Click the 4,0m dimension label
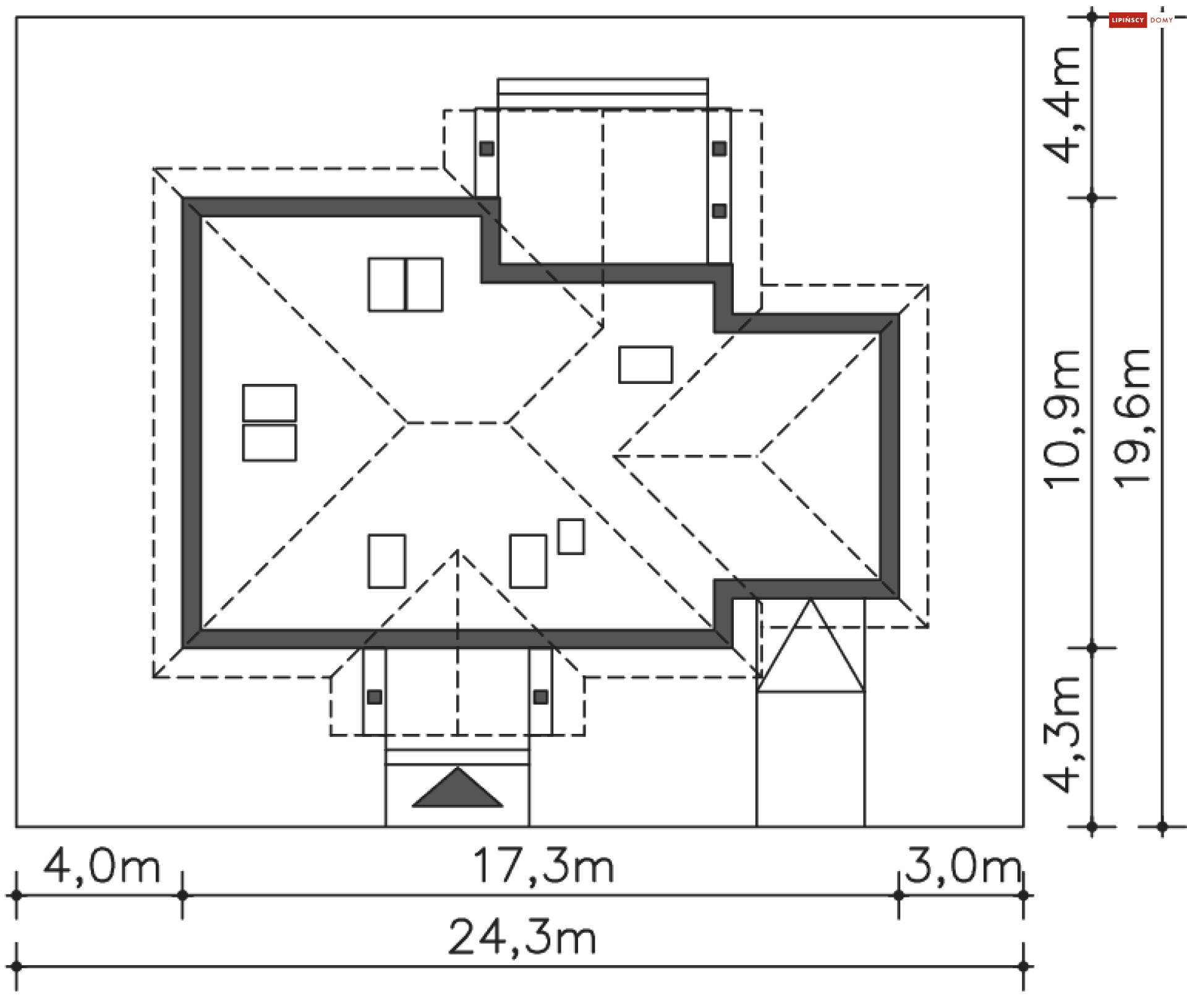point(102,867)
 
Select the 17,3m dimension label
point(543,867)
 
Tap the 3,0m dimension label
point(962,867)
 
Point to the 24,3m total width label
point(522,938)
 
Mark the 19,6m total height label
point(1133,419)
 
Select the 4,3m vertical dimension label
point(1063,734)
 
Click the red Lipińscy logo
point(1127,20)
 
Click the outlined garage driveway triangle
point(810,649)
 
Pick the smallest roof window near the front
point(571,537)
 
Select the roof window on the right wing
point(645,365)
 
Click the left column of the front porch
point(374,697)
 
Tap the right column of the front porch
point(541,697)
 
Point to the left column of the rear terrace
point(487,148)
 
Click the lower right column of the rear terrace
point(719,211)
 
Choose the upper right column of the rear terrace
point(719,148)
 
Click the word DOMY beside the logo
point(1162,20)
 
